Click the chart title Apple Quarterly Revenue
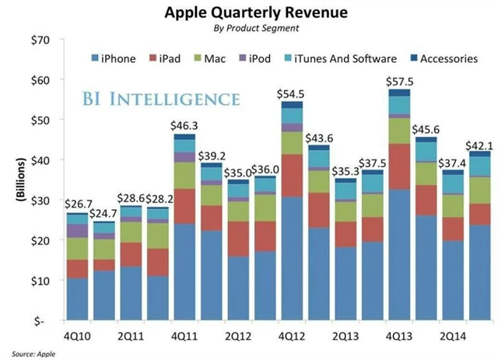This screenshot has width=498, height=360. click(248, 13)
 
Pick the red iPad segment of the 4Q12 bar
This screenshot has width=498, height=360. click(292, 176)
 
